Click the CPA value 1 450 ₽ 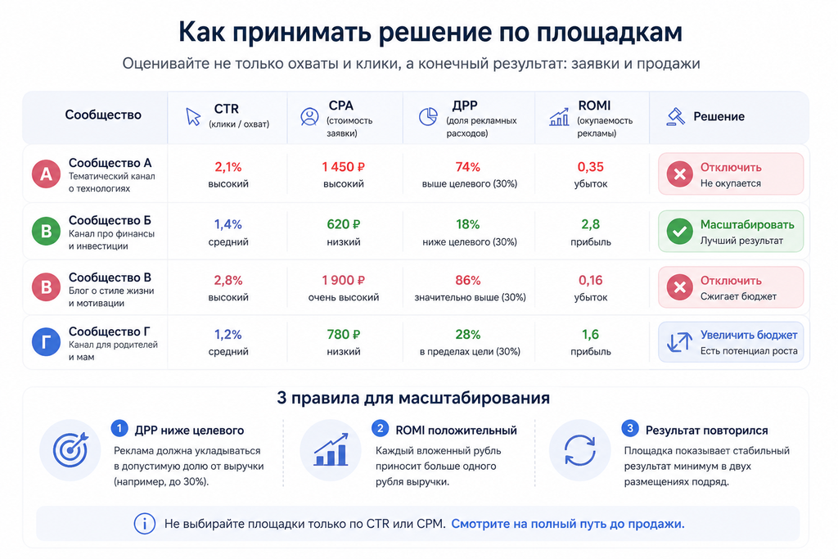pyautogui.click(x=343, y=167)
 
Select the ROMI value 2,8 pyautogui.click(x=591, y=224)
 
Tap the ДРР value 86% pyautogui.click(x=467, y=281)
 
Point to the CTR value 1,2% pyautogui.click(x=228, y=335)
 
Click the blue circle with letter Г pyautogui.click(x=47, y=341)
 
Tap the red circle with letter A pyautogui.click(x=47, y=174)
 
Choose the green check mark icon pyautogui.click(x=680, y=232)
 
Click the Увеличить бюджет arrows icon pyautogui.click(x=679, y=342)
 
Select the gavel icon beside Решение pyautogui.click(x=676, y=116)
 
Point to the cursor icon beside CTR pyautogui.click(x=193, y=116)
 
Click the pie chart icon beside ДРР pyautogui.click(x=427, y=116)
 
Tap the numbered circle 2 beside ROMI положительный pyautogui.click(x=380, y=428)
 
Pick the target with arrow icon pyautogui.click(x=70, y=449)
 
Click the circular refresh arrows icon pyautogui.click(x=580, y=450)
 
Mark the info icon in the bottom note pyautogui.click(x=144, y=524)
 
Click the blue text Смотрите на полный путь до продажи pyautogui.click(x=568, y=524)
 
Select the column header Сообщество pyautogui.click(x=103, y=115)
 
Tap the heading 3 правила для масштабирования pyautogui.click(x=413, y=398)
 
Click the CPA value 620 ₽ pyautogui.click(x=343, y=224)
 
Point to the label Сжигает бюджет pyautogui.click(x=738, y=296)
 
